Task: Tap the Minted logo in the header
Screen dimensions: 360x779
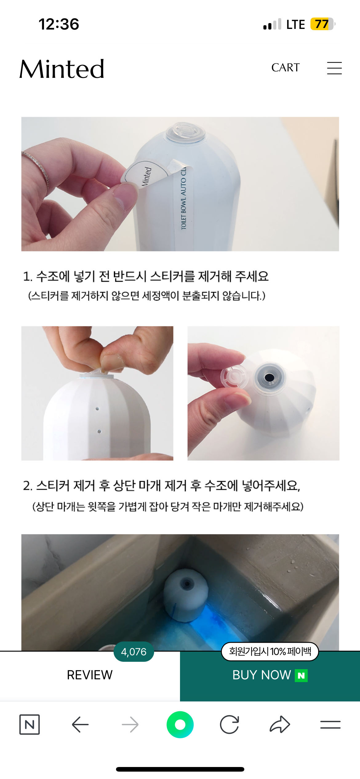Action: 62,69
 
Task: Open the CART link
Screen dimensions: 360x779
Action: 285,68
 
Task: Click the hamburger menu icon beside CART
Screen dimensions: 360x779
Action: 334,68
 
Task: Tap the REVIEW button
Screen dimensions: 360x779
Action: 90,675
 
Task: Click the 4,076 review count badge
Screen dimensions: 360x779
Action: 134,652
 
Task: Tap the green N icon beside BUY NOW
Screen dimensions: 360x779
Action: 301,675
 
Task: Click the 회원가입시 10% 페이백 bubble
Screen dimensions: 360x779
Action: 270,651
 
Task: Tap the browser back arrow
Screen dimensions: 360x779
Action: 80,725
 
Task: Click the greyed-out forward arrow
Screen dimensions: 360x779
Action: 130,725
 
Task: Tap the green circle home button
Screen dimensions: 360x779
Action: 180,725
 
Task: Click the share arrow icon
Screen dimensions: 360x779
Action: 280,724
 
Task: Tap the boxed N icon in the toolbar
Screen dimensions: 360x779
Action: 30,725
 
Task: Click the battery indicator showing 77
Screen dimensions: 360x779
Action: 323,24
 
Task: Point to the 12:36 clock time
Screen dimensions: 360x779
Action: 59,24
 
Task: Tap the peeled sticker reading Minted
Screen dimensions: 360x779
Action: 145,174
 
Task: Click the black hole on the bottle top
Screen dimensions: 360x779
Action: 270,377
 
